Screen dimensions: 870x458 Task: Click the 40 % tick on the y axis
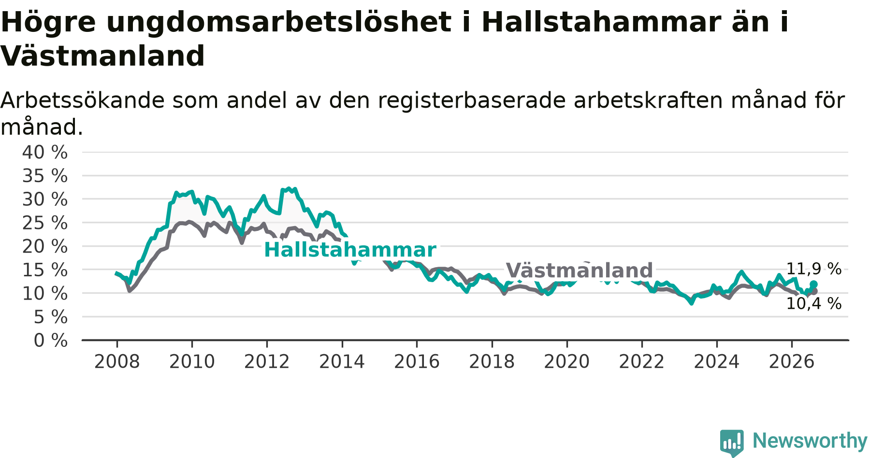point(45,152)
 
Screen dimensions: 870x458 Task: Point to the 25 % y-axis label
point(45,223)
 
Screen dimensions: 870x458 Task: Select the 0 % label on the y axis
point(50,341)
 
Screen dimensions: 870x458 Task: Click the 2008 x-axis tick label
point(117,361)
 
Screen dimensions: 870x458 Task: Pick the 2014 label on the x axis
point(342,361)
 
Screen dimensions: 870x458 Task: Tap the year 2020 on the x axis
point(567,361)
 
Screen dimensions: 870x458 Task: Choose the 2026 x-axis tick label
point(792,361)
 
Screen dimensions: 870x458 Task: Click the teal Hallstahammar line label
point(350,250)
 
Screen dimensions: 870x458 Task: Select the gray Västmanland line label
point(579,270)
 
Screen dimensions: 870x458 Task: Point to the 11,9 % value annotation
point(814,269)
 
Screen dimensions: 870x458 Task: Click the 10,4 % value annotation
point(814,303)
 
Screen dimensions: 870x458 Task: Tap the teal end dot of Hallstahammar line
point(813,284)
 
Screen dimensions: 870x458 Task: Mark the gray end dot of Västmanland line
point(814,291)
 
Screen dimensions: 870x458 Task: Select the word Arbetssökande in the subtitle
point(83,100)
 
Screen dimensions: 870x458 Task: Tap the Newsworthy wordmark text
point(810,441)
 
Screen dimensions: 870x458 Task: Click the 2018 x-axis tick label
point(492,361)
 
